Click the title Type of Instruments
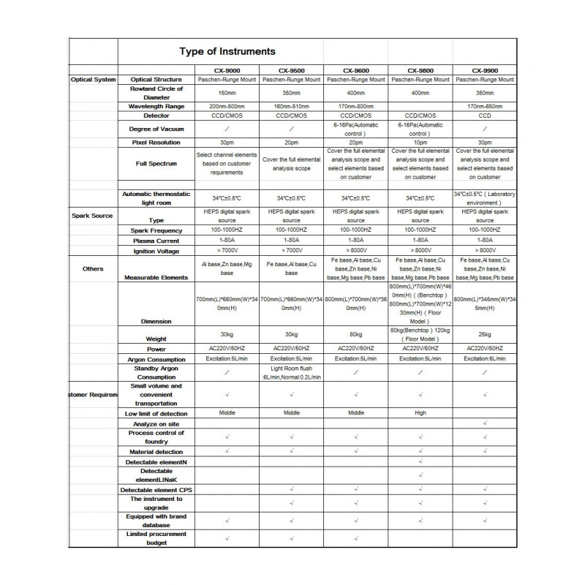(x=227, y=51)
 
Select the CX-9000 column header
(x=227, y=71)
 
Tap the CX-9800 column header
(x=420, y=71)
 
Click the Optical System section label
(x=93, y=79)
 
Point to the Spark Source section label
(x=92, y=215)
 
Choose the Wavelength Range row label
(x=156, y=106)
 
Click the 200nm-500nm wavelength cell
(x=227, y=106)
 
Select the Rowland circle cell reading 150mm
(x=227, y=93)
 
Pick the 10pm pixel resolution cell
(x=420, y=142)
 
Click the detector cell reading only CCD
(x=485, y=116)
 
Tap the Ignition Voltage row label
(x=156, y=251)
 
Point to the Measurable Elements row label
(x=156, y=278)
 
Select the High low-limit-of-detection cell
(x=420, y=413)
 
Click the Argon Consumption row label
(x=156, y=359)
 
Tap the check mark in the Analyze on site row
(x=485, y=423)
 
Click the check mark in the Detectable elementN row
(x=420, y=462)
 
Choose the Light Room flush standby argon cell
(x=291, y=373)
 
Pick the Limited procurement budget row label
(x=156, y=538)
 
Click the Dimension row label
(x=156, y=321)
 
